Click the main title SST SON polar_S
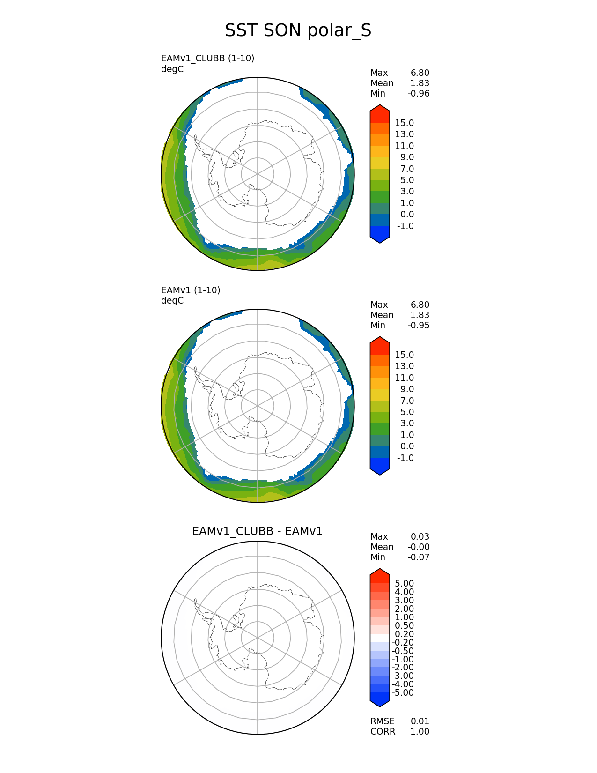[298, 30]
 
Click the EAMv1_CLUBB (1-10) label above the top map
[207, 59]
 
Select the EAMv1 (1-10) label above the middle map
[191, 290]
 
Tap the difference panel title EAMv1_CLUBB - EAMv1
[257, 531]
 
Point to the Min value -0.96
[419, 94]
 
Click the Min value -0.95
[419, 326]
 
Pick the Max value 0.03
[420, 536]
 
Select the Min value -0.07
[419, 557]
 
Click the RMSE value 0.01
[420, 721]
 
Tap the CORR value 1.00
[420, 731]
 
